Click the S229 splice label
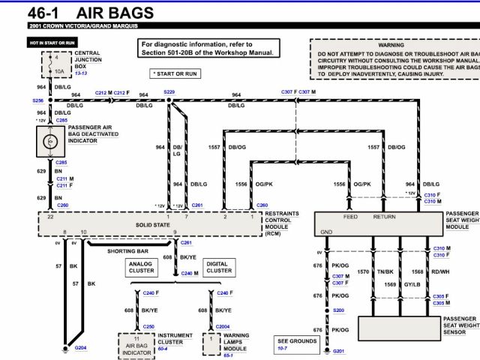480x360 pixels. tap(169, 91)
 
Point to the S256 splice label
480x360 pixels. tap(38, 100)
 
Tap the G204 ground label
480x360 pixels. tap(80, 348)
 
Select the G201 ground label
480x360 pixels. tap(339, 351)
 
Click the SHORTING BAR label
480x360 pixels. tap(127, 251)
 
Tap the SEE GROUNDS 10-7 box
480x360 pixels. tap(297, 344)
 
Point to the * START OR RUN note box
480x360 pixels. tap(174, 73)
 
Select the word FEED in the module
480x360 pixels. tap(351, 217)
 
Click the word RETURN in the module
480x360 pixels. tap(385, 217)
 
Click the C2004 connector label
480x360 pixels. tap(222, 327)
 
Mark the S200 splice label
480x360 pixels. tap(339, 310)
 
